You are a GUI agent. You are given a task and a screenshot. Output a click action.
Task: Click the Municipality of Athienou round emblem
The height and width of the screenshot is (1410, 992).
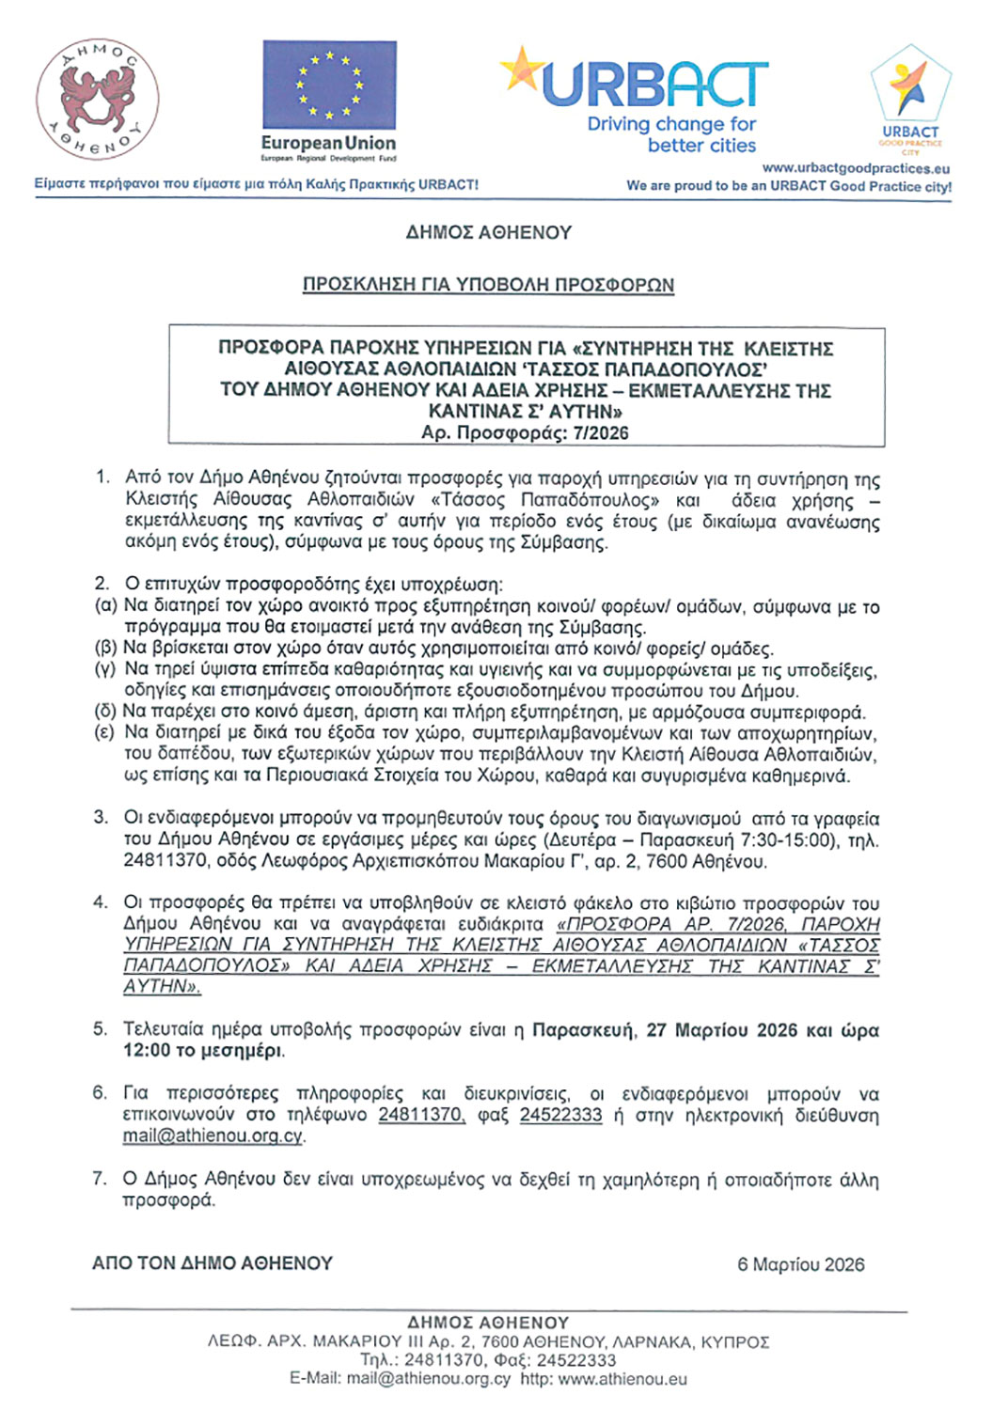coord(98,101)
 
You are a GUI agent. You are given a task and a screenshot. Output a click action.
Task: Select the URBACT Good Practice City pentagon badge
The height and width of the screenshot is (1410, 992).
coord(910,89)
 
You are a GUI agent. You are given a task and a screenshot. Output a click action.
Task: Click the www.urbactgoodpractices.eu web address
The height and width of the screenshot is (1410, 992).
coord(856,168)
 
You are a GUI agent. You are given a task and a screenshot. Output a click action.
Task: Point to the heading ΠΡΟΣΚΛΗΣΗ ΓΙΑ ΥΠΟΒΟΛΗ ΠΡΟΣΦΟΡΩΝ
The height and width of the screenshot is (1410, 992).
coord(488,285)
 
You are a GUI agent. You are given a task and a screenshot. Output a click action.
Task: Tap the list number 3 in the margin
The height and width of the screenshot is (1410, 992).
coord(101,817)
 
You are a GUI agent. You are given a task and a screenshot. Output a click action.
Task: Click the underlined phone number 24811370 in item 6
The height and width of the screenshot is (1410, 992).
coord(420,1115)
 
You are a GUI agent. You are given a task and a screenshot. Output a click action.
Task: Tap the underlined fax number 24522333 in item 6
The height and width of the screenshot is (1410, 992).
coord(560,1115)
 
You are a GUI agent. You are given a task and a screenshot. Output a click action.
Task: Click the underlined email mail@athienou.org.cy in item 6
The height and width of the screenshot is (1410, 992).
coord(213,1136)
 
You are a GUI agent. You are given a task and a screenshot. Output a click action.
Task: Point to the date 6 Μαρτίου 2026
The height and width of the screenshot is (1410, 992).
coord(800,1264)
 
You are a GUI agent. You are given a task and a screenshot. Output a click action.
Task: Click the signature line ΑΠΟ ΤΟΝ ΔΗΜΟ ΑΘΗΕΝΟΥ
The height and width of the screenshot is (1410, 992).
coord(213,1263)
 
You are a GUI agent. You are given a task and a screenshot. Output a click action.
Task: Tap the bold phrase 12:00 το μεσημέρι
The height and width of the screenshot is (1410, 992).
coord(203,1051)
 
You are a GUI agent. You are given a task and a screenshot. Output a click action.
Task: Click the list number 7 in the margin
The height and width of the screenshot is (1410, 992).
coord(100,1179)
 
